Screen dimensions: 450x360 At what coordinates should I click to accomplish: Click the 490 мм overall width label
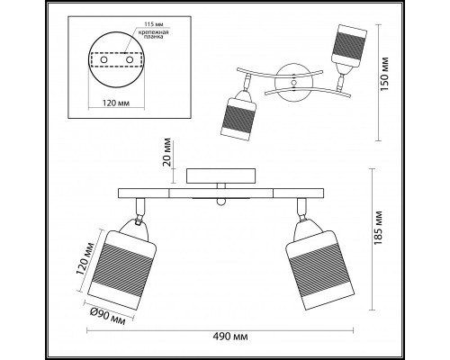[x=230, y=337]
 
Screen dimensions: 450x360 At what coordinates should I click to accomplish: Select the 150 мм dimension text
[x=385, y=74]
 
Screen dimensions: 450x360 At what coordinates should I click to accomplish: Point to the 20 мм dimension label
[x=166, y=152]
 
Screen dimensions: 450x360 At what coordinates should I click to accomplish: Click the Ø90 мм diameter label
[x=107, y=317]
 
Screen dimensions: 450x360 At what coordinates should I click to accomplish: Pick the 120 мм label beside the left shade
[x=85, y=258]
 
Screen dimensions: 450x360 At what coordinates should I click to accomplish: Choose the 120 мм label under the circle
[x=116, y=103]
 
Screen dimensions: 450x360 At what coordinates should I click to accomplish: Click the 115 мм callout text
[x=154, y=24]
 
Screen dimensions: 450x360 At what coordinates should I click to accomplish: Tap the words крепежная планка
[x=153, y=35]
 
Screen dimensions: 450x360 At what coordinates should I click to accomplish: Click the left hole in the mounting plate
[x=103, y=60]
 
